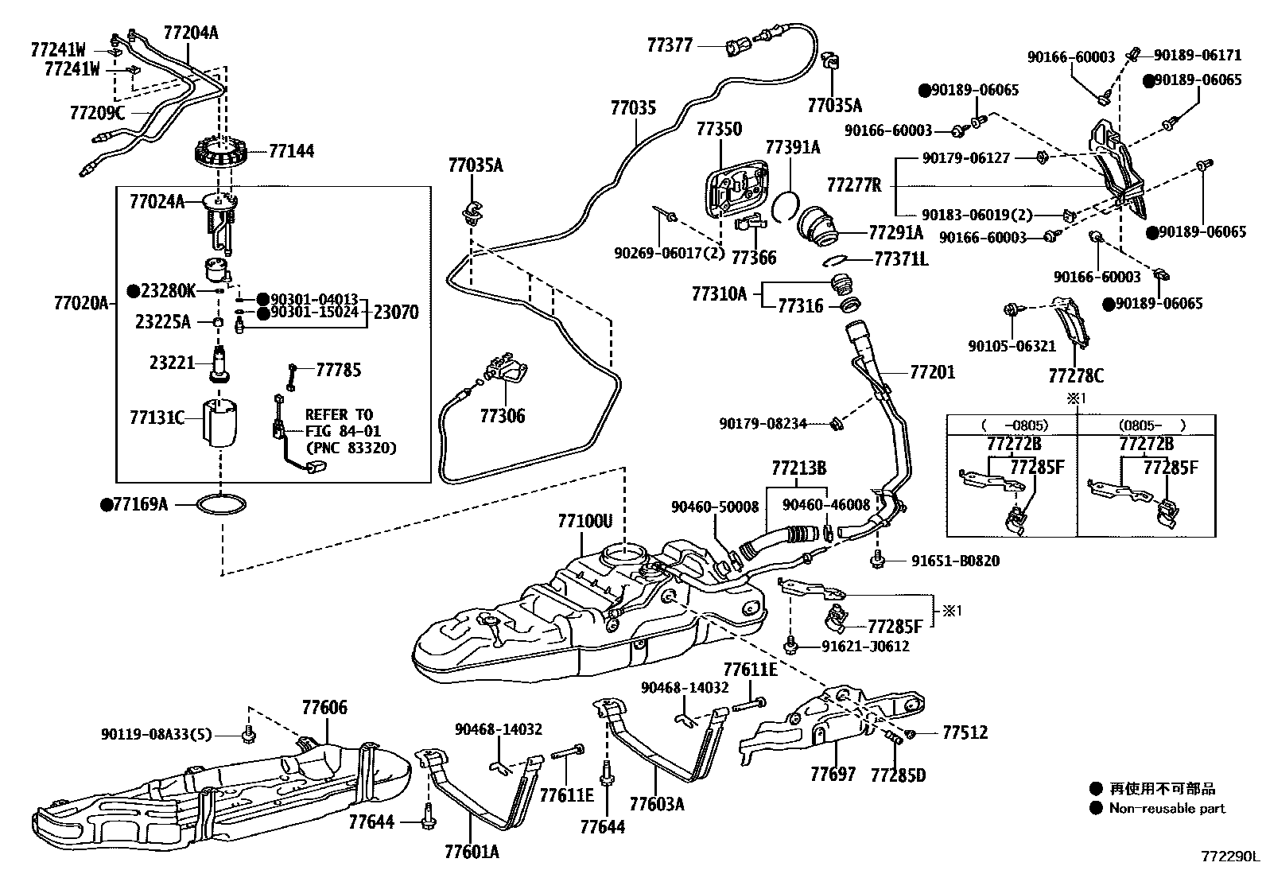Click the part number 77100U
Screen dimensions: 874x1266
tap(584, 522)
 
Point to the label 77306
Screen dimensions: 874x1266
tap(502, 416)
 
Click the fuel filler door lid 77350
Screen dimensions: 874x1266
tap(736, 189)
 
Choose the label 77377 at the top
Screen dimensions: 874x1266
tap(670, 45)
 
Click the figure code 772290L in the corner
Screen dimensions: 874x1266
tap(1230, 857)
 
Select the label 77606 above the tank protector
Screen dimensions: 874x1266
tap(324, 708)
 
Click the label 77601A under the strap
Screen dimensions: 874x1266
tap(472, 853)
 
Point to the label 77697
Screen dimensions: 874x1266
tap(833, 773)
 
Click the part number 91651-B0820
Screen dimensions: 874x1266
tap(955, 561)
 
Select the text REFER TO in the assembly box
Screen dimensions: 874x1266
tap(339, 415)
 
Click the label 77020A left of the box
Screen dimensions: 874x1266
tap(80, 303)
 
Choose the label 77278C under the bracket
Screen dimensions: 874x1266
tap(1075, 375)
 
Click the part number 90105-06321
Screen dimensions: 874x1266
tap(1012, 347)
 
